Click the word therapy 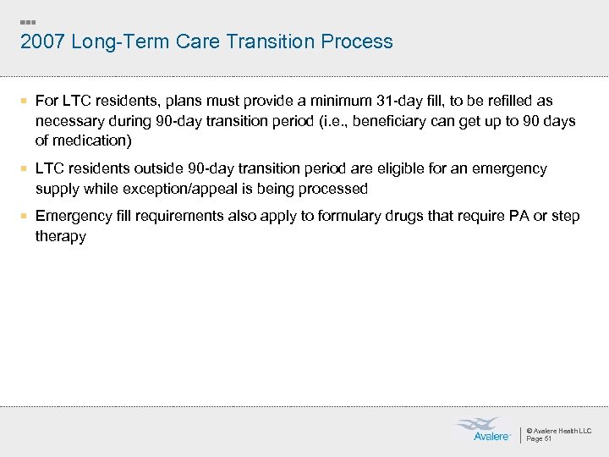point(61,236)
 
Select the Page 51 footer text point(539,438)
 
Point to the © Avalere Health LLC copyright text point(559,431)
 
